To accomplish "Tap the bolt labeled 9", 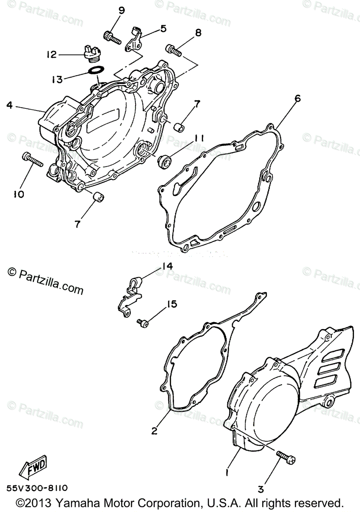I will click(x=112, y=38).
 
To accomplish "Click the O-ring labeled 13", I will click(x=96, y=70).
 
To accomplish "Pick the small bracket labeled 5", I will click(x=135, y=39).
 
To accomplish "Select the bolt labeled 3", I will click(x=286, y=457).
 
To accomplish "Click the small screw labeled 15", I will click(x=143, y=323).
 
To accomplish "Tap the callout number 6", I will click(x=297, y=99).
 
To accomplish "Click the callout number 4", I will click(x=9, y=105).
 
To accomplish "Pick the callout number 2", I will click(x=154, y=431).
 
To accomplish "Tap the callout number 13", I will click(x=57, y=79).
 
